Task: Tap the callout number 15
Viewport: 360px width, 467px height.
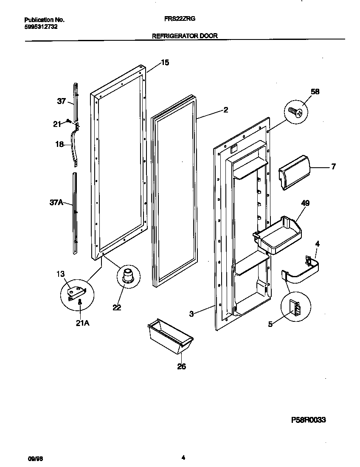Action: [x=165, y=63]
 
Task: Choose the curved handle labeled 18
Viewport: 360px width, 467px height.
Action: [x=76, y=146]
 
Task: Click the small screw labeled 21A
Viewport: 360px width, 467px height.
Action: [x=80, y=302]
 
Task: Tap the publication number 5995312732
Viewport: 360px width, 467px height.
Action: [x=41, y=26]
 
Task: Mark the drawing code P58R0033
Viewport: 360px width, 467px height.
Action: [x=308, y=420]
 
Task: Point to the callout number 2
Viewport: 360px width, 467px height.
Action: [x=225, y=110]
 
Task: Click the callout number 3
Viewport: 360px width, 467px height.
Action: [x=191, y=314]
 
